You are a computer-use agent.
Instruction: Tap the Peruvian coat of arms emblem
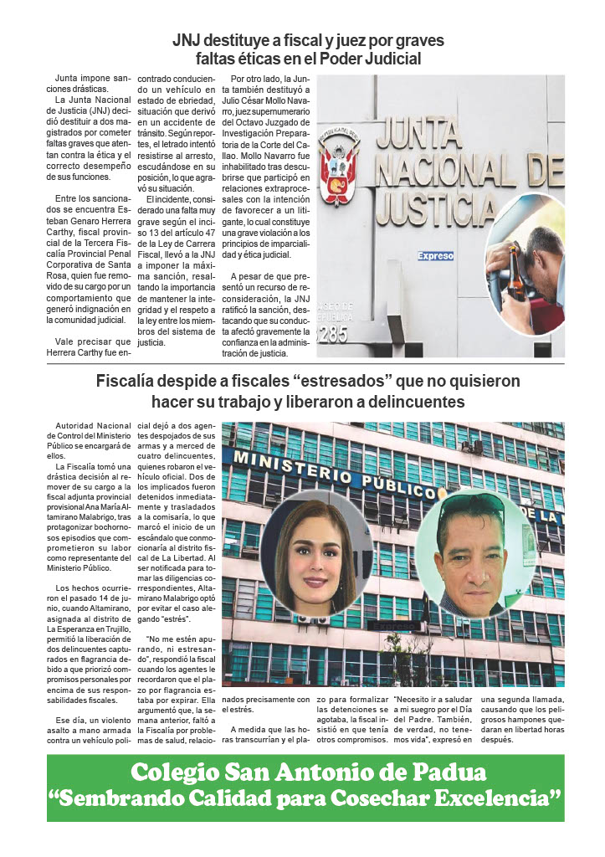(339, 163)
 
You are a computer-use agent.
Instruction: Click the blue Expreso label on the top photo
(435, 256)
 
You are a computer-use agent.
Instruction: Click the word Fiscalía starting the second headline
(131, 382)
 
